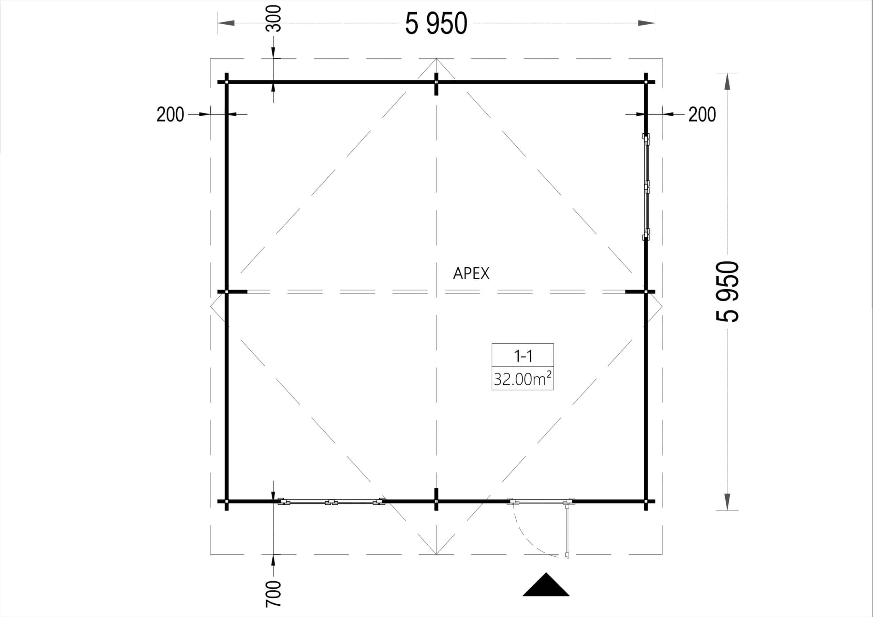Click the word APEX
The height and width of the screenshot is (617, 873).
(471, 273)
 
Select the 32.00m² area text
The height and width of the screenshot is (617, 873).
(523, 379)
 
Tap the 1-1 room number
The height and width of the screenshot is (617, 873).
(523, 356)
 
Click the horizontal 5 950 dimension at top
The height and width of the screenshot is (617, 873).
(436, 24)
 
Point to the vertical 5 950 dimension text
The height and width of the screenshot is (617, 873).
(728, 291)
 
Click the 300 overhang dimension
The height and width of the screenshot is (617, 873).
(273, 18)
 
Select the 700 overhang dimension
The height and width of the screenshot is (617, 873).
(273, 594)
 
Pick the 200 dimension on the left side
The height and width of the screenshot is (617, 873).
(171, 115)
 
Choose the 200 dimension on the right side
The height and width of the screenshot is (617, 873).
(702, 115)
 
